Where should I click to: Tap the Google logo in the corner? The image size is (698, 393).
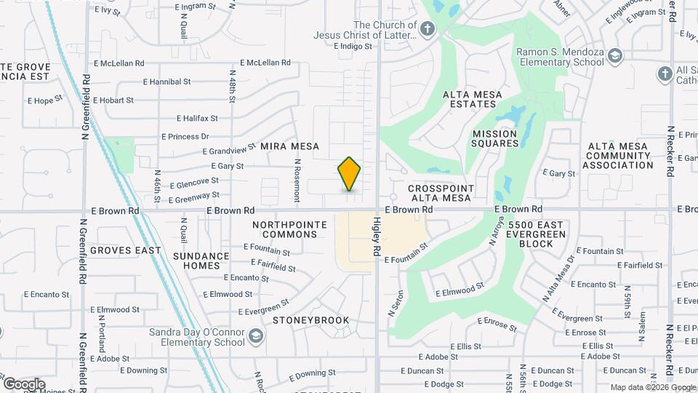[x=24, y=384]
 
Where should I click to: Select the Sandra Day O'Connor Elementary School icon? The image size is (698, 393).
[x=255, y=336]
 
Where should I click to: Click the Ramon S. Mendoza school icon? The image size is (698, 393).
[x=615, y=56]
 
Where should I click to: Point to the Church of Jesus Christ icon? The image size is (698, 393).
[x=428, y=30]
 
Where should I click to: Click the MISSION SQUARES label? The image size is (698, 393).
[x=495, y=138]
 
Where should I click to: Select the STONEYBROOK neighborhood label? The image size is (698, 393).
[x=310, y=320]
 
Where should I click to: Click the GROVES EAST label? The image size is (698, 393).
[x=125, y=250]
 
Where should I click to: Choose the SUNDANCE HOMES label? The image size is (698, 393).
[x=201, y=261]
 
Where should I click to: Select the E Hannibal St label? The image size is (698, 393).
[x=167, y=82]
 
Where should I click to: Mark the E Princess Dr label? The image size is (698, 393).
[x=185, y=136]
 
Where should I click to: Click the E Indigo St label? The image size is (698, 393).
[x=353, y=46]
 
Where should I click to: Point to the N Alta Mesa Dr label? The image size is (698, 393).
[x=558, y=279]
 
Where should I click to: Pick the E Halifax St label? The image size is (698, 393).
[x=197, y=118]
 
